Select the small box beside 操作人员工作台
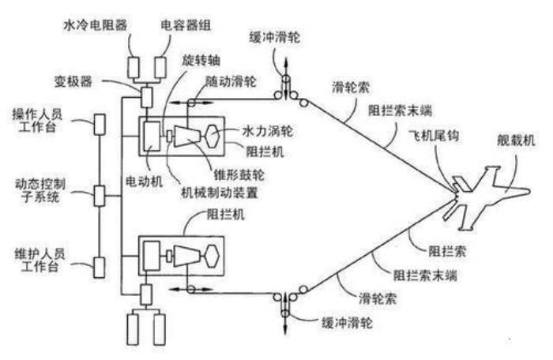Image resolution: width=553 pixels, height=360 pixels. coord(100,124)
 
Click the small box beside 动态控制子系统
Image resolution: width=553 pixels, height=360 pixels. coord(100,194)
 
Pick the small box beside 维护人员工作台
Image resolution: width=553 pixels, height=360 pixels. coord(100,266)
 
